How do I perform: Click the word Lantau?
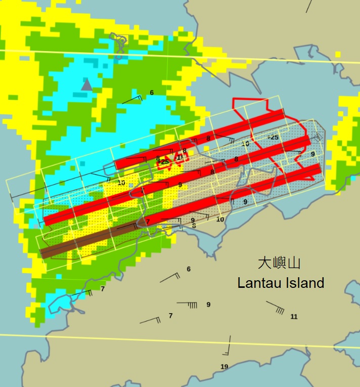point(259,283)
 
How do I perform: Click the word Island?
point(303,283)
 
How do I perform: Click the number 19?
point(224,367)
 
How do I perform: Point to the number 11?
point(294,317)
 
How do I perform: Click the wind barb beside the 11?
point(276,307)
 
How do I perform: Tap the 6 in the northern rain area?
point(151,93)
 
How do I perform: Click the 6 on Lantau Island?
point(189,269)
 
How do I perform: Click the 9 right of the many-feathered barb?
point(208,305)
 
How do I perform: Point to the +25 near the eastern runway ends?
point(273,137)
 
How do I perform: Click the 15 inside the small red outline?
point(180,157)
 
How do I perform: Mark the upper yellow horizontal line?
point(180,56)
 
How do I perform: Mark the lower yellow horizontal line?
point(180,340)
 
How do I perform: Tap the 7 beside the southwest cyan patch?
point(103,289)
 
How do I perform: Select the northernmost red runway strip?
point(200,138)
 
